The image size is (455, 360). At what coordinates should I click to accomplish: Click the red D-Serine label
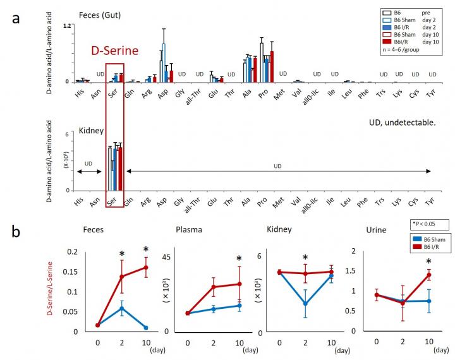(114, 51)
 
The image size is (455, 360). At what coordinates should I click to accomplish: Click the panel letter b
(20, 231)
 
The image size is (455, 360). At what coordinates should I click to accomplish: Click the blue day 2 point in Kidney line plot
(305, 304)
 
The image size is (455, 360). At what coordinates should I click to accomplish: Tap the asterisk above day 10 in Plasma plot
(240, 258)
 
